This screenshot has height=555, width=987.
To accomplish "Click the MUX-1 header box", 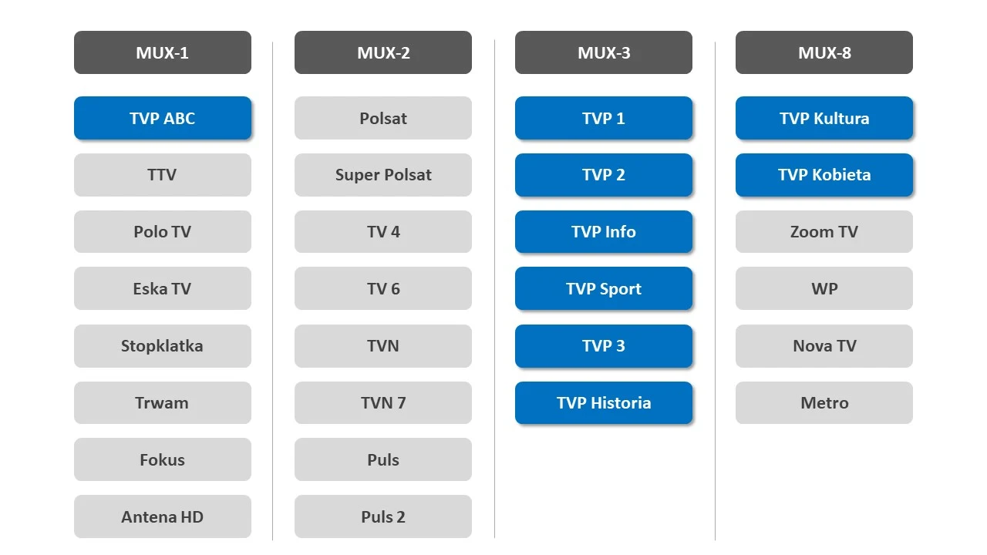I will (x=162, y=52).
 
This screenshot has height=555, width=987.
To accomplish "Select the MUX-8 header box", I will (x=824, y=52).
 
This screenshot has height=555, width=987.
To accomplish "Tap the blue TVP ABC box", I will (x=162, y=118).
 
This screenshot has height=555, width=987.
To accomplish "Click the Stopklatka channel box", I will (x=162, y=346).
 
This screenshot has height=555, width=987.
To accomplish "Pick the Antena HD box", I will (x=162, y=516).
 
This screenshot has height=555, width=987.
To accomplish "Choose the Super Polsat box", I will (x=382, y=175).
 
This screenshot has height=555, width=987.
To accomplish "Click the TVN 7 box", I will (x=382, y=402).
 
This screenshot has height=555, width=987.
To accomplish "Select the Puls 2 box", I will (x=382, y=516).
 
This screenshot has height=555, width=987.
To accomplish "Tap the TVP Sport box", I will (x=603, y=289).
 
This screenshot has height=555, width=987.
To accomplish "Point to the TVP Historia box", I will (x=603, y=402).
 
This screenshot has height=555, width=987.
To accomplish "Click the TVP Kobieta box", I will (x=824, y=175).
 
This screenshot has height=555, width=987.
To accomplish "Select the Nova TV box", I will (x=824, y=346).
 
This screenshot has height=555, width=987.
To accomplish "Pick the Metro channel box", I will (x=824, y=402).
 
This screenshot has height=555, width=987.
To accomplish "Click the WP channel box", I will (x=824, y=289).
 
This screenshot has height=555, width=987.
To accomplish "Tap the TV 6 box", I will (x=382, y=289).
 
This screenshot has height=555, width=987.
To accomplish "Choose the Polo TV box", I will (x=162, y=232).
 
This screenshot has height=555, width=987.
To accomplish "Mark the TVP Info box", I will (x=603, y=232).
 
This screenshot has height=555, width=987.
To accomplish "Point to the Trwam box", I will (x=162, y=402).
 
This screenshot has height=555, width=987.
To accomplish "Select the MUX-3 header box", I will (x=603, y=52).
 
